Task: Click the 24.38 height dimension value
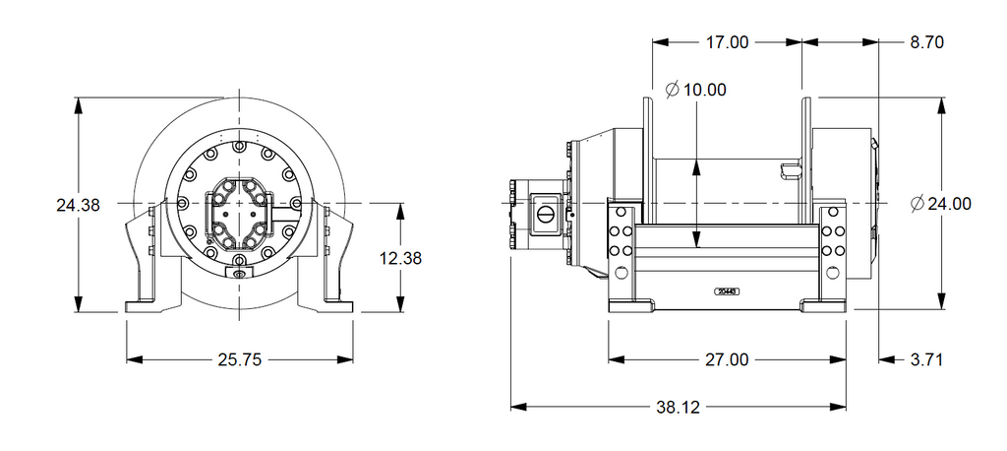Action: [78, 206]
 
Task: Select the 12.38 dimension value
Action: [400, 258]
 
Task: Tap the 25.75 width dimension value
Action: [239, 360]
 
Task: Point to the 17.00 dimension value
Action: [727, 42]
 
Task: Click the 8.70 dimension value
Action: [927, 42]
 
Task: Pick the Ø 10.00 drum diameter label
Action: [695, 90]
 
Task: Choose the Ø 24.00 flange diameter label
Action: [941, 204]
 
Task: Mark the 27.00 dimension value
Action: [727, 360]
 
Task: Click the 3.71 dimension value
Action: [926, 360]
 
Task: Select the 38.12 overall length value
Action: [680, 407]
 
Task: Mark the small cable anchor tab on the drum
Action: [790, 171]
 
